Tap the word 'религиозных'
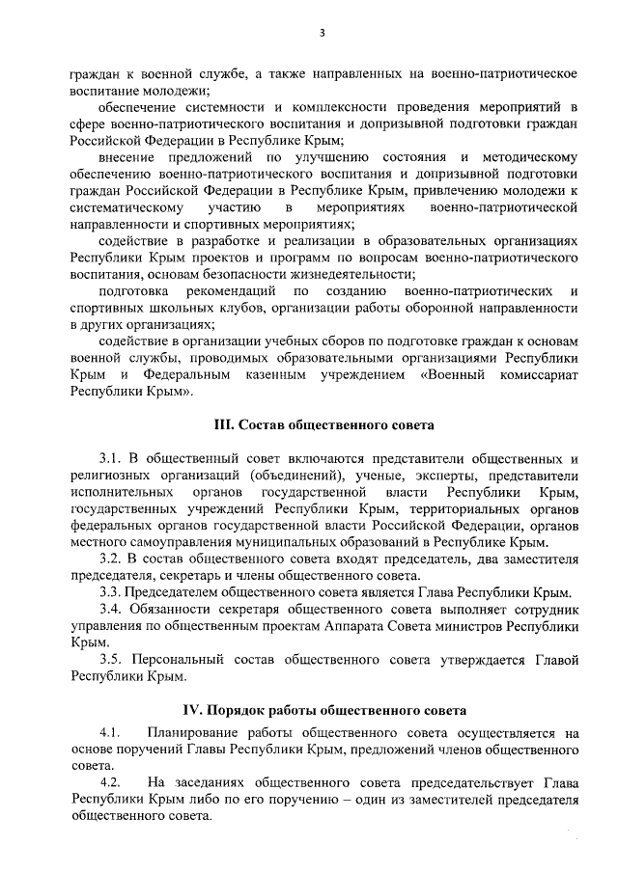(106, 476)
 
